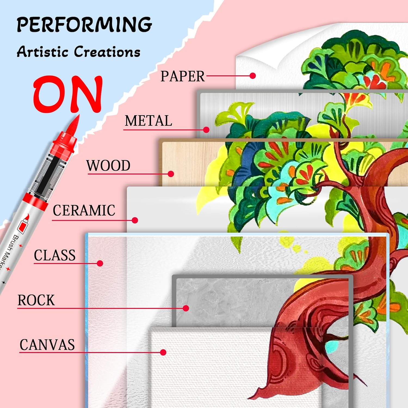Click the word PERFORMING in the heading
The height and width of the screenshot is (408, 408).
pyautogui.click(x=84, y=24)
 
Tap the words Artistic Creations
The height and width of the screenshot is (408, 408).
pyautogui.click(x=79, y=51)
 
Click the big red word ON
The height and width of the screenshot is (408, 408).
pyautogui.click(x=68, y=94)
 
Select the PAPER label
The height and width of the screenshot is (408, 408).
pyautogui.click(x=182, y=76)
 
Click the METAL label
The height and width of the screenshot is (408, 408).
pyautogui.click(x=148, y=121)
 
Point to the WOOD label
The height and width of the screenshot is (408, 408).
pyautogui.click(x=108, y=166)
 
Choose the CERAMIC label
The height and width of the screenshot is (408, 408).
pyautogui.click(x=84, y=211)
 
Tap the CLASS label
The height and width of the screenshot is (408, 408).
pyautogui.click(x=55, y=255)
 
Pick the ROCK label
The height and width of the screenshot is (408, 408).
pyautogui.click(x=36, y=300)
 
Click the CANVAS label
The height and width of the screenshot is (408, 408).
pyautogui.click(x=47, y=345)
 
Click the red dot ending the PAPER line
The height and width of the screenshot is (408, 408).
pyautogui.click(x=253, y=76)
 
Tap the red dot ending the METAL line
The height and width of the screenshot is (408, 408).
pyautogui.click(x=206, y=130)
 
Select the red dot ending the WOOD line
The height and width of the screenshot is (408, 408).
pyautogui.click(x=171, y=174)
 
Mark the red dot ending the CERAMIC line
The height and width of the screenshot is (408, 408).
pyautogui.click(x=135, y=220)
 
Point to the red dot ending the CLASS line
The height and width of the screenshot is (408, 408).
pyautogui.click(x=100, y=263)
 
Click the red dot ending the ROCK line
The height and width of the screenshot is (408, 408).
pyautogui.click(x=186, y=308)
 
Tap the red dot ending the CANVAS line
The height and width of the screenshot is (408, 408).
pyautogui.click(x=163, y=353)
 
